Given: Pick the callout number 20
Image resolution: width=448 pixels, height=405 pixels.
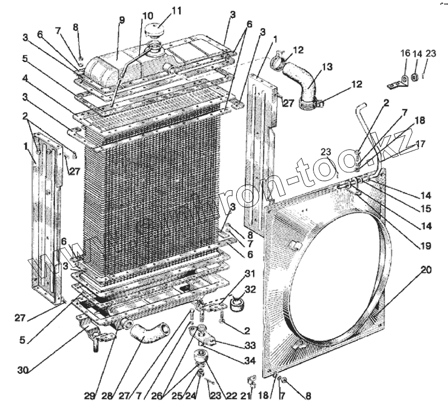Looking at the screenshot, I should (426, 270).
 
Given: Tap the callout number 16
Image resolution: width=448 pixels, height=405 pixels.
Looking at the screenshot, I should (404, 53).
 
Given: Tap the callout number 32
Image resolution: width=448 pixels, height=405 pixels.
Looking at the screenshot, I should (250, 290).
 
